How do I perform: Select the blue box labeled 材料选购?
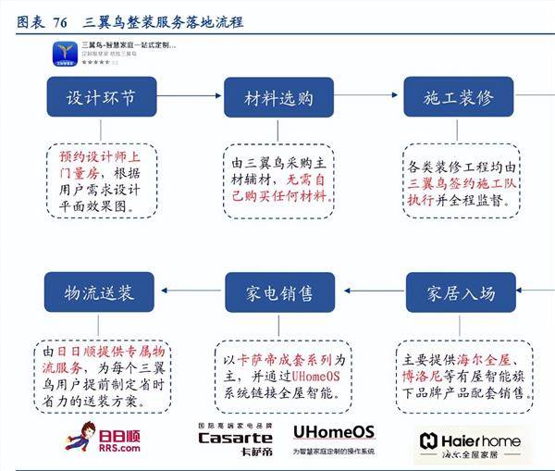(x=278, y=97)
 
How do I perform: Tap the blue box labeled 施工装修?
(x=459, y=97)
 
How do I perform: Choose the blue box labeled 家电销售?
(x=278, y=293)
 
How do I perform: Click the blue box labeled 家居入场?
(x=461, y=293)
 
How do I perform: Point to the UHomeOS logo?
(x=333, y=432)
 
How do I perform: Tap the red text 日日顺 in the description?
(x=73, y=353)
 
